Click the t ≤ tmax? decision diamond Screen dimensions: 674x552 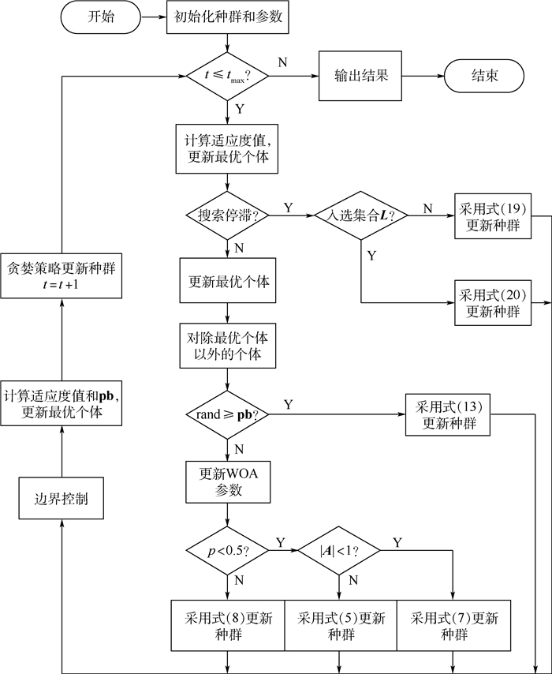[x=227, y=77]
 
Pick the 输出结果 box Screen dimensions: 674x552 [x=356, y=77]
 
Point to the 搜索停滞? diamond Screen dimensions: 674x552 [x=227, y=214]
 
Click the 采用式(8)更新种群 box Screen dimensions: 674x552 [x=227, y=626]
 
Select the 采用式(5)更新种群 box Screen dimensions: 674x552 [x=340, y=626]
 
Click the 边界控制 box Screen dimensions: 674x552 [x=61, y=499]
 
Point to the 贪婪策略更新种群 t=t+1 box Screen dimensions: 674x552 [x=61, y=275]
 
